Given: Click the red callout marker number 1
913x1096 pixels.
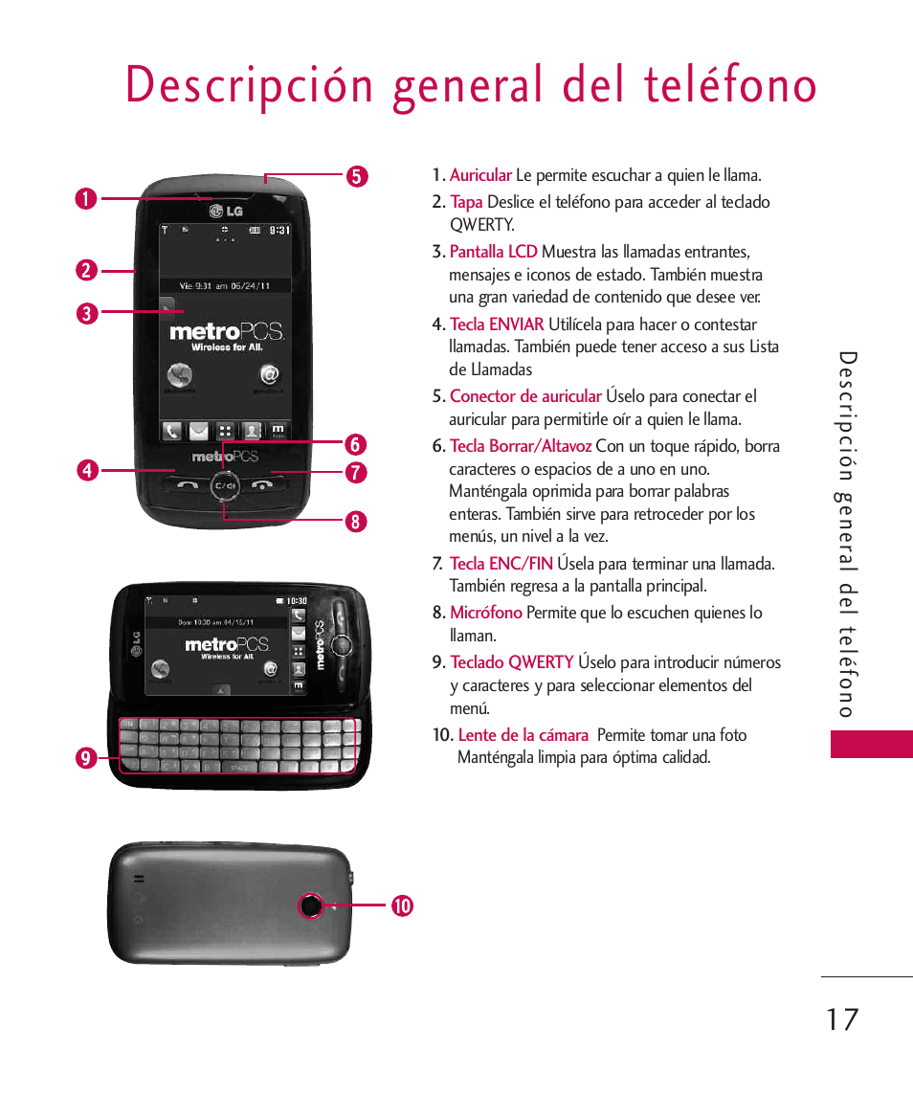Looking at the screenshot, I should pyautogui.click(x=86, y=199).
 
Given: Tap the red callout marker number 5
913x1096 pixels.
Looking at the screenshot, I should pyautogui.click(x=356, y=176).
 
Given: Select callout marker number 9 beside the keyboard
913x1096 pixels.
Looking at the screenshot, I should pyautogui.click(x=86, y=759).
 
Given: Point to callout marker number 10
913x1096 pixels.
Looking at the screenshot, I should pyautogui.click(x=401, y=905).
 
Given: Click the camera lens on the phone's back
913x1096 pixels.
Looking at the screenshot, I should pyautogui.click(x=311, y=906).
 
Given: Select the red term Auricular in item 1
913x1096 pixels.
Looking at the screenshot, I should pyautogui.click(x=480, y=175).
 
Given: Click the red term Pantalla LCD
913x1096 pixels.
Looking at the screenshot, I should pyautogui.click(x=493, y=252).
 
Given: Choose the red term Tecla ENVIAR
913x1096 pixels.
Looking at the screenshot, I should pyautogui.click(x=497, y=324).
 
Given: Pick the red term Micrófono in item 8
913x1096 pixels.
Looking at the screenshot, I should pyautogui.click(x=486, y=613).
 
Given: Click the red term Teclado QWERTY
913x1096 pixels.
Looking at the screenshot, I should pyautogui.click(x=512, y=662).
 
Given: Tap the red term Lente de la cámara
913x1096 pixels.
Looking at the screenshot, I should pyautogui.click(x=523, y=735).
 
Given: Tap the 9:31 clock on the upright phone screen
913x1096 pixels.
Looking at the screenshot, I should pyautogui.click(x=278, y=231).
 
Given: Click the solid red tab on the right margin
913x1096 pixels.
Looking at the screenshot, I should pyautogui.click(x=871, y=744).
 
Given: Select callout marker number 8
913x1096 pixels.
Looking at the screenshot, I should pyautogui.click(x=356, y=522).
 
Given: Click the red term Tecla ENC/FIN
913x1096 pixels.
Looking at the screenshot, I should pyautogui.click(x=501, y=564).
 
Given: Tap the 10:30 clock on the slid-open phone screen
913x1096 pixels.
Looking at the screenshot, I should pyautogui.click(x=297, y=601).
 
